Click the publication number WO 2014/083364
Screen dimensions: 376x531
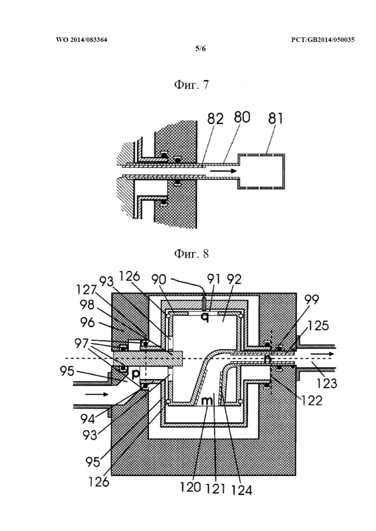[x=81, y=40]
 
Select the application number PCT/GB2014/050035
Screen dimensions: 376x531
[x=323, y=40]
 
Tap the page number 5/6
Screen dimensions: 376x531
[x=200, y=48]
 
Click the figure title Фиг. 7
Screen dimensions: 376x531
[x=191, y=84]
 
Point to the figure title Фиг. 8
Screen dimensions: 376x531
[x=191, y=253]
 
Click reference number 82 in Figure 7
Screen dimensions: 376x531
[x=215, y=119]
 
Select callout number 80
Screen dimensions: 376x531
[x=241, y=117]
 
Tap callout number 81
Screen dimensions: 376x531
[x=275, y=118]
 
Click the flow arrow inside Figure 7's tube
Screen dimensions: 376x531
[x=223, y=171]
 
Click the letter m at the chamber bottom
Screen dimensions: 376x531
[x=207, y=401]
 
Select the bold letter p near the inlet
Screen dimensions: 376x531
[x=136, y=374]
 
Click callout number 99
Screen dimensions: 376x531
[x=312, y=299]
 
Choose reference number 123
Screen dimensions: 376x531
[x=327, y=383]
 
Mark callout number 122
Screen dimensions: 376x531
[x=312, y=400]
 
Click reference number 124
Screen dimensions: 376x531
[x=242, y=490]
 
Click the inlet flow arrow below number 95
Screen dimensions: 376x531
[x=97, y=394]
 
